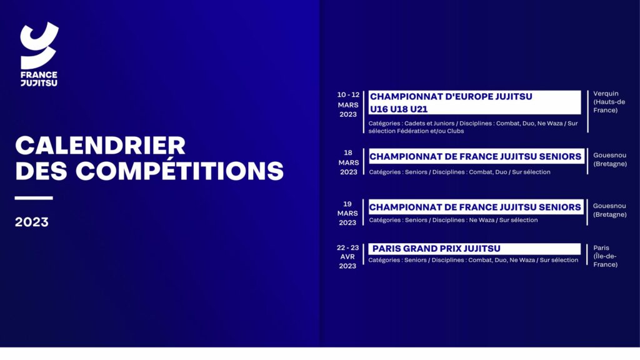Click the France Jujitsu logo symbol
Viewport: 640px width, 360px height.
pyautogui.click(x=39, y=45)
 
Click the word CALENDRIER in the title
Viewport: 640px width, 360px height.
pyautogui.click(x=101, y=145)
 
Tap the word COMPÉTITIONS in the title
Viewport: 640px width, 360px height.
pyautogui.click(x=179, y=171)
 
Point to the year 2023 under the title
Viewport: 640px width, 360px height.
pyautogui.click(x=32, y=222)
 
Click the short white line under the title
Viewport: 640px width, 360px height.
pyautogui.click(x=34, y=198)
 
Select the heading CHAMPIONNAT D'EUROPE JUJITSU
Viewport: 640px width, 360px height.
pyautogui.click(x=451, y=97)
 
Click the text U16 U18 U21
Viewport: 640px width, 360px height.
pyautogui.click(x=399, y=109)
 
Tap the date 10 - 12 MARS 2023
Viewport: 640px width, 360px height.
pyautogui.click(x=348, y=104)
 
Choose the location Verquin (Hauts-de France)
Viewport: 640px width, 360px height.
pyautogui.click(x=609, y=102)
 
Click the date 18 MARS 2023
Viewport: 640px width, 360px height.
pyautogui.click(x=348, y=162)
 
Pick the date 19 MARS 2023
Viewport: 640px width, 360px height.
pyautogui.click(x=347, y=213)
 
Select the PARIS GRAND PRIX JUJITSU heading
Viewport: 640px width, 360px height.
pyautogui.click(x=436, y=249)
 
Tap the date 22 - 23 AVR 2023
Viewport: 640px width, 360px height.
pyautogui.click(x=347, y=257)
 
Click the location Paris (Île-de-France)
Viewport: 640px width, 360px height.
pyautogui.click(x=605, y=256)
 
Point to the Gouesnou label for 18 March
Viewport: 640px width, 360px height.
pyautogui.click(x=610, y=155)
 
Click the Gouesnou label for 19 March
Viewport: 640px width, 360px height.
pyautogui.click(x=610, y=206)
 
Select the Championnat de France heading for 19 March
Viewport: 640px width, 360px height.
pyautogui.click(x=475, y=207)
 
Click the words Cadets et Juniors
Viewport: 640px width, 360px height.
pyautogui.click(x=429, y=123)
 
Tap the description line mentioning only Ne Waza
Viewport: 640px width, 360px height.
pyautogui.click(x=453, y=220)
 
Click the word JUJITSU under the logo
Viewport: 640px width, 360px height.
pyautogui.click(x=39, y=83)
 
